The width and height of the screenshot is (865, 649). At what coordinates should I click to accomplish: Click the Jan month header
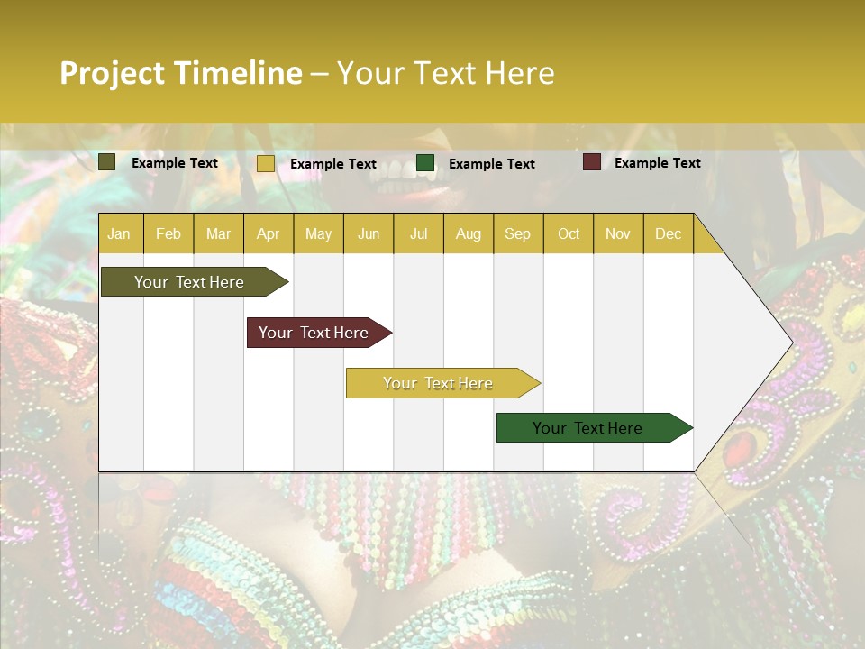[x=119, y=233]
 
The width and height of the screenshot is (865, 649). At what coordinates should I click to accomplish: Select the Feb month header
[x=168, y=233]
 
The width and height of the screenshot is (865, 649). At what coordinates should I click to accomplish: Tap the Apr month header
[x=269, y=233]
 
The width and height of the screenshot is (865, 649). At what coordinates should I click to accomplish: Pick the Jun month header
[x=369, y=233]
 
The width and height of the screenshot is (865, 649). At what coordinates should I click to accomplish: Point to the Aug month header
[x=468, y=233]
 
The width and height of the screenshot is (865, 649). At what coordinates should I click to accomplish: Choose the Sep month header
[x=517, y=233]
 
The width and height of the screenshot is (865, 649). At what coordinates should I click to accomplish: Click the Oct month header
[x=569, y=233]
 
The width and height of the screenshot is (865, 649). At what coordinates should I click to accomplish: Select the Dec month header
[x=668, y=233]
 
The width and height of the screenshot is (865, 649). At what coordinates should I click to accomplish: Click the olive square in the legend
[x=107, y=162]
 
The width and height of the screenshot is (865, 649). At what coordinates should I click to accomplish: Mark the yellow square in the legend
[x=265, y=163]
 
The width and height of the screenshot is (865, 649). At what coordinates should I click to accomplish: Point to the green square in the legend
[x=425, y=163]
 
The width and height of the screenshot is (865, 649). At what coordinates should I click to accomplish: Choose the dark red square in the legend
[x=592, y=162]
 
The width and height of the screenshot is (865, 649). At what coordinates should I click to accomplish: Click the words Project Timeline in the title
[x=181, y=73]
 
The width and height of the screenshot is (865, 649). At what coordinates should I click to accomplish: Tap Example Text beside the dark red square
[x=657, y=163]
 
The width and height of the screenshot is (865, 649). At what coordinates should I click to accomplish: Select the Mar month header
[x=218, y=233]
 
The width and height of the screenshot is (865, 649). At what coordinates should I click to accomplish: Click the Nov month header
[x=618, y=233]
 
